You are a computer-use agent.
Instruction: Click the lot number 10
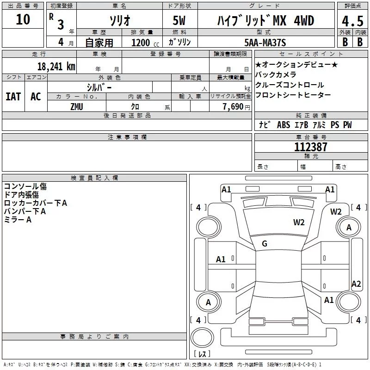point(23,19)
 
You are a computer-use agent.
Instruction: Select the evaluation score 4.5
point(351,22)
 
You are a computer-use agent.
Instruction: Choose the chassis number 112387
point(311,147)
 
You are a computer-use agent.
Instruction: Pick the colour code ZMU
point(76,106)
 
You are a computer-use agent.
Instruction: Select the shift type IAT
point(13,97)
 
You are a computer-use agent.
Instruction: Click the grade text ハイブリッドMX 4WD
point(265,20)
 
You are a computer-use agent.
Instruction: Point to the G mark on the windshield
point(265,244)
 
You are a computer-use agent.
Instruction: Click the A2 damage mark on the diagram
point(356,284)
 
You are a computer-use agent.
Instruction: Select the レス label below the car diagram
point(202,354)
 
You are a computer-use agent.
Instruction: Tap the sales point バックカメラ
point(276,74)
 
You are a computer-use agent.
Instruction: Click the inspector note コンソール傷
point(25,186)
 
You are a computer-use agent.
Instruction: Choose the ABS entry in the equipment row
point(283,125)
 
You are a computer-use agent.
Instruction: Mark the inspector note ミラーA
point(18,220)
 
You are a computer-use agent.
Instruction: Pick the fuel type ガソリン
point(180,43)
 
